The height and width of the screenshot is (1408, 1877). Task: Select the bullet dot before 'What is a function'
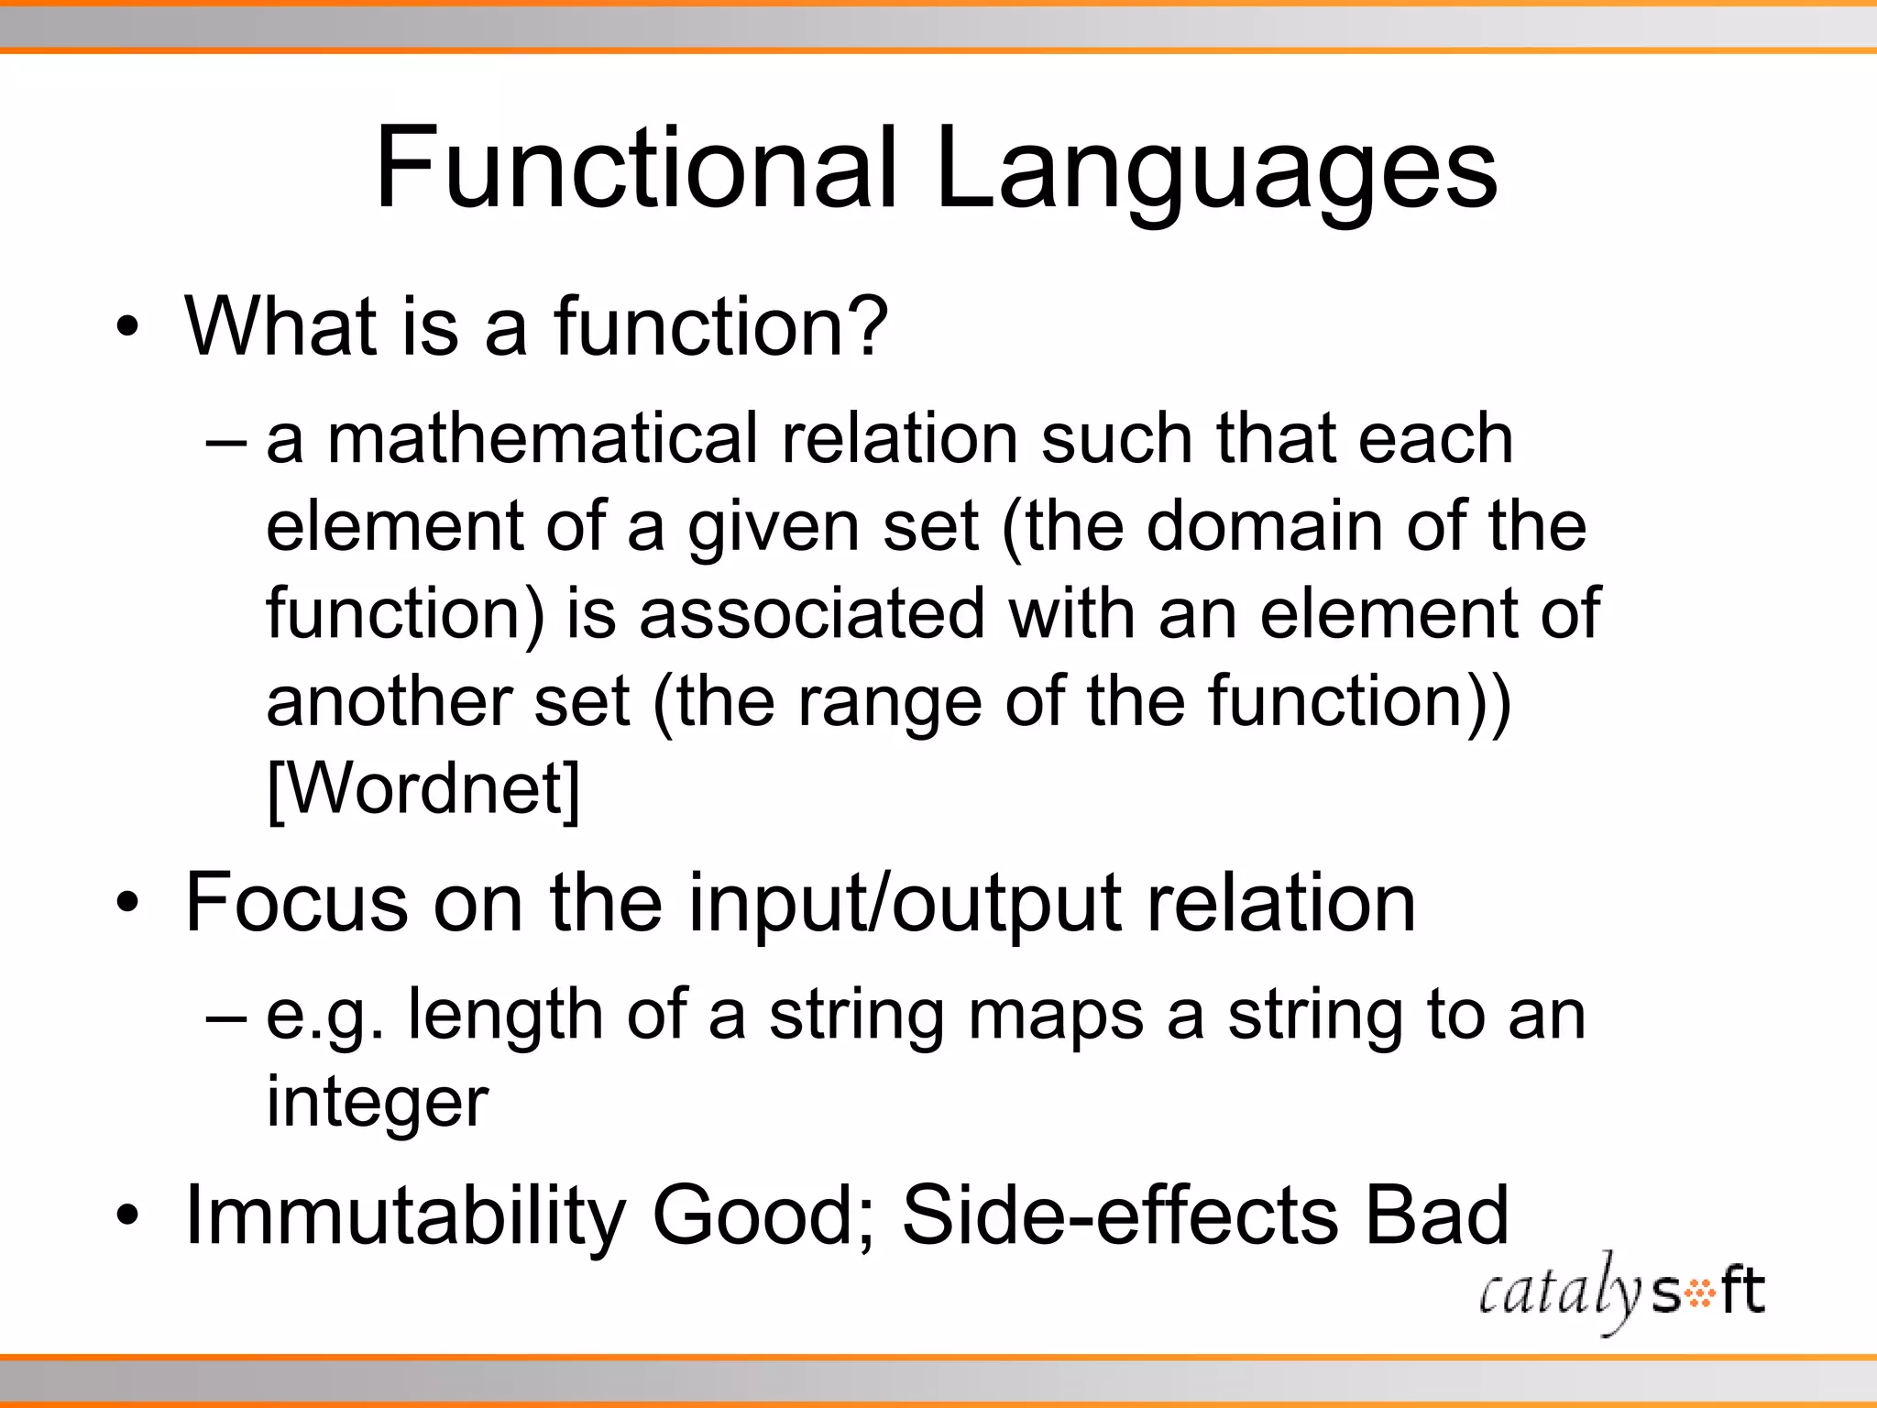tap(128, 327)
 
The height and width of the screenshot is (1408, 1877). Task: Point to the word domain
tap(1265, 526)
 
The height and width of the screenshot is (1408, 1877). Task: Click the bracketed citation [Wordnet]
tap(423, 788)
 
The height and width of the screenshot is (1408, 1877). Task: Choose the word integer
tap(377, 1103)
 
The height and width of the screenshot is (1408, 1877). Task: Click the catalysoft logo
tap(1620, 1292)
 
